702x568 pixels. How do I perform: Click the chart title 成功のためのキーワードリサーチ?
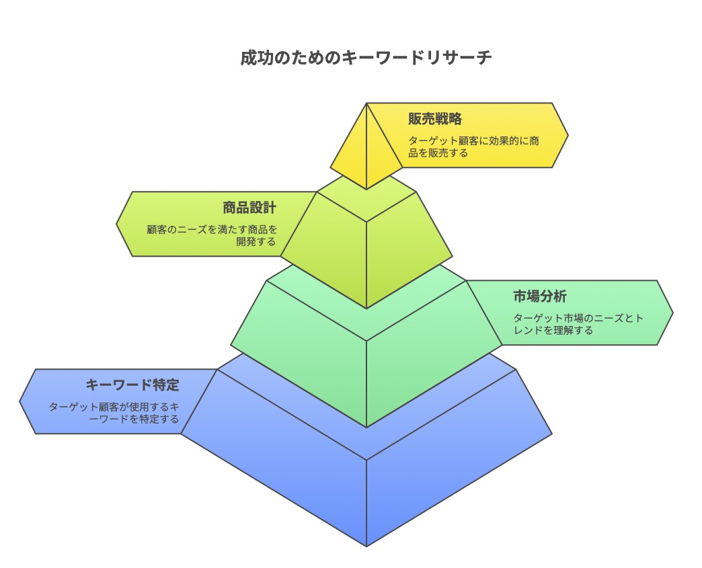pos(366,58)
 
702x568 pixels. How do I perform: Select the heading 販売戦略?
pos(435,119)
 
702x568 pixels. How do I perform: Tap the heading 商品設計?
pos(249,207)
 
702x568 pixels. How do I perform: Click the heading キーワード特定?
pos(132,385)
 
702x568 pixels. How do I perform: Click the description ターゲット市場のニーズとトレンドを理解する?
pos(578,324)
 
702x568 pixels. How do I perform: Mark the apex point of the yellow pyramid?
pos(366,104)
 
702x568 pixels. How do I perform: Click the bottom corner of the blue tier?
pos(366,545)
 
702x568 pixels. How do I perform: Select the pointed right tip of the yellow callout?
pos(567,136)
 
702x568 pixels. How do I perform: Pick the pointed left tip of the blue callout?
pos(21,402)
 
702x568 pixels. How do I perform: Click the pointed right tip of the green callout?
pos(672,313)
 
